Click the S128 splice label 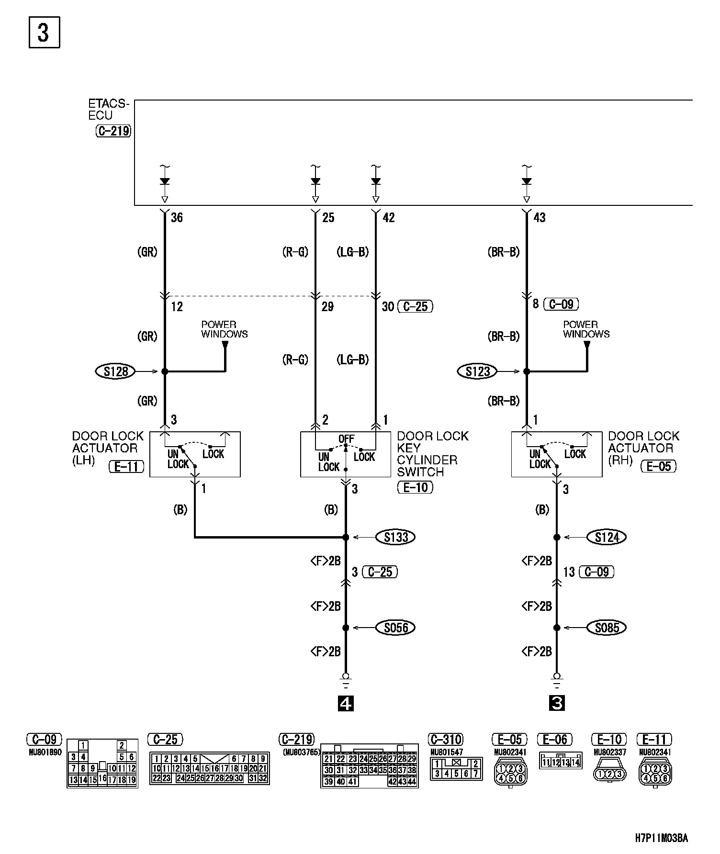click(116, 371)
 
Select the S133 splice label click(395, 537)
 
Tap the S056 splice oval click(395, 627)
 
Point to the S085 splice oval click(607, 627)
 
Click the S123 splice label click(478, 371)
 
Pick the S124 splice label click(607, 537)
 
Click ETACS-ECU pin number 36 click(177, 218)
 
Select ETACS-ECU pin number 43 click(539, 218)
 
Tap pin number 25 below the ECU click(328, 218)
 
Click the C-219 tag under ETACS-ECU click(113, 131)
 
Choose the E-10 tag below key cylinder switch click(415, 487)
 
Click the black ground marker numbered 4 click(346, 703)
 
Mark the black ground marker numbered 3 click(557, 703)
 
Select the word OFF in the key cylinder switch click(346, 438)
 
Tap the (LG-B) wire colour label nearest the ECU click(353, 252)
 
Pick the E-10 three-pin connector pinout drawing click(609, 773)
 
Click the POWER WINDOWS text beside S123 click(586, 329)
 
